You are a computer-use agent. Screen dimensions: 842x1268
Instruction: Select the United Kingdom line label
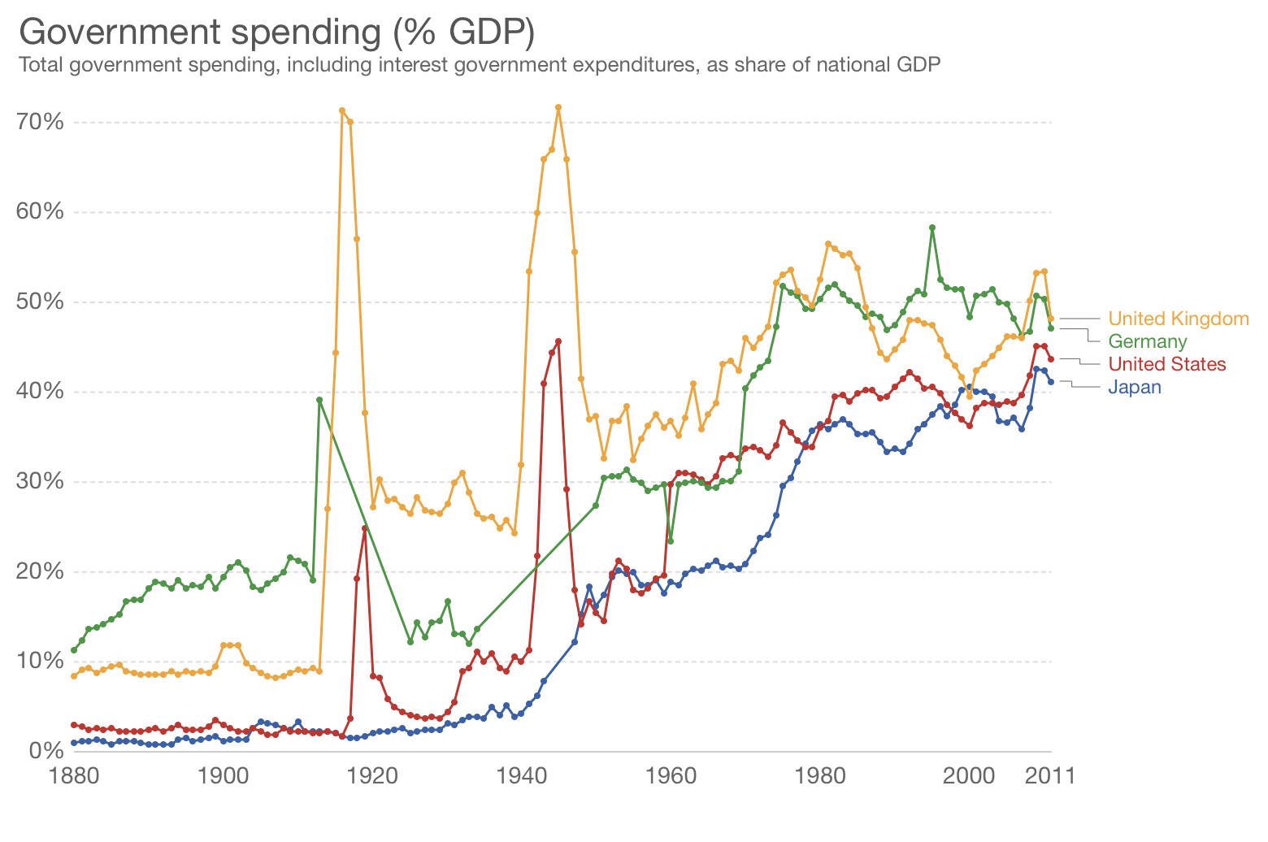[x=1178, y=319]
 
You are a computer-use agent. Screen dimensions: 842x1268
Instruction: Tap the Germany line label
[x=1147, y=341]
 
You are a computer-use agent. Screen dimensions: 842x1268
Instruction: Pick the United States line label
[x=1166, y=364]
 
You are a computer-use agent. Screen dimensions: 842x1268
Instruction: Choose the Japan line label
[x=1134, y=387]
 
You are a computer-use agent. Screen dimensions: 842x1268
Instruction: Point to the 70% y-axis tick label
[x=40, y=123]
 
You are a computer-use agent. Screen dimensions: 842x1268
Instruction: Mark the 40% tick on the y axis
[x=40, y=392]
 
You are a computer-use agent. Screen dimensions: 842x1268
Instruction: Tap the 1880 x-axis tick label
[x=73, y=776]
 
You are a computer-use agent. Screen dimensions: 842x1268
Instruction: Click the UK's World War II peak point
[x=558, y=107]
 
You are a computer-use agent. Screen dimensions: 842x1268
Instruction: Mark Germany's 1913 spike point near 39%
[x=319, y=400]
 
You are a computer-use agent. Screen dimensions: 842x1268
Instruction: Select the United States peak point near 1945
[x=558, y=341]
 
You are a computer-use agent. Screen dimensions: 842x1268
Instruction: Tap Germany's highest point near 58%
[x=932, y=228]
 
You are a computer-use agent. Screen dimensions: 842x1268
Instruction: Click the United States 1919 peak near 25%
[x=365, y=528]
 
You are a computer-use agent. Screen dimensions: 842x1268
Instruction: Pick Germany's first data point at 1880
[x=74, y=650]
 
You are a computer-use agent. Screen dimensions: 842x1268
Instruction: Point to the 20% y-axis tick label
[x=40, y=571]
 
